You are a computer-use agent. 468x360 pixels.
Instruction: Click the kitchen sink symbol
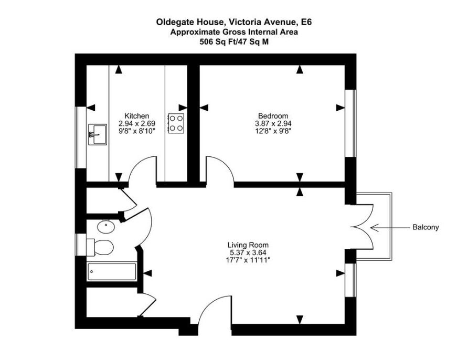[x=98, y=135]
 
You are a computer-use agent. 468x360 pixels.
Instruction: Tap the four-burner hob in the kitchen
[x=176, y=123]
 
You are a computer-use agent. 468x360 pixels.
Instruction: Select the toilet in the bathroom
[x=100, y=248]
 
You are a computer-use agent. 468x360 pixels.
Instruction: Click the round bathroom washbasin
[x=106, y=226]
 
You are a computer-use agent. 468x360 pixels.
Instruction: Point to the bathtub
[x=112, y=272]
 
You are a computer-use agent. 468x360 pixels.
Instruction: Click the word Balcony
[x=426, y=227]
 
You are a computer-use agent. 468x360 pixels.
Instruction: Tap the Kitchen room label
[x=137, y=116]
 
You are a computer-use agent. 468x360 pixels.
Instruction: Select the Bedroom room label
[x=273, y=116]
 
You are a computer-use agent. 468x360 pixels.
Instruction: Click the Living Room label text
[x=248, y=245]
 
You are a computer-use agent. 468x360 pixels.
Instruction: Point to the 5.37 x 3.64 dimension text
[x=246, y=252]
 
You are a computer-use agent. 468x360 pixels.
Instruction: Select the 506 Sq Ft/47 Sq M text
[x=234, y=42]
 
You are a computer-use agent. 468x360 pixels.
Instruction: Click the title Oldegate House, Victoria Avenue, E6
[x=234, y=22]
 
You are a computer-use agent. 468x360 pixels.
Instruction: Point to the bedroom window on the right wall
[x=350, y=123]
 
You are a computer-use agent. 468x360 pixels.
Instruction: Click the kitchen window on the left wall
[x=81, y=137]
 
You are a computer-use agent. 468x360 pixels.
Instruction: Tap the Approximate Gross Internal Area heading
[x=234, y=32]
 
